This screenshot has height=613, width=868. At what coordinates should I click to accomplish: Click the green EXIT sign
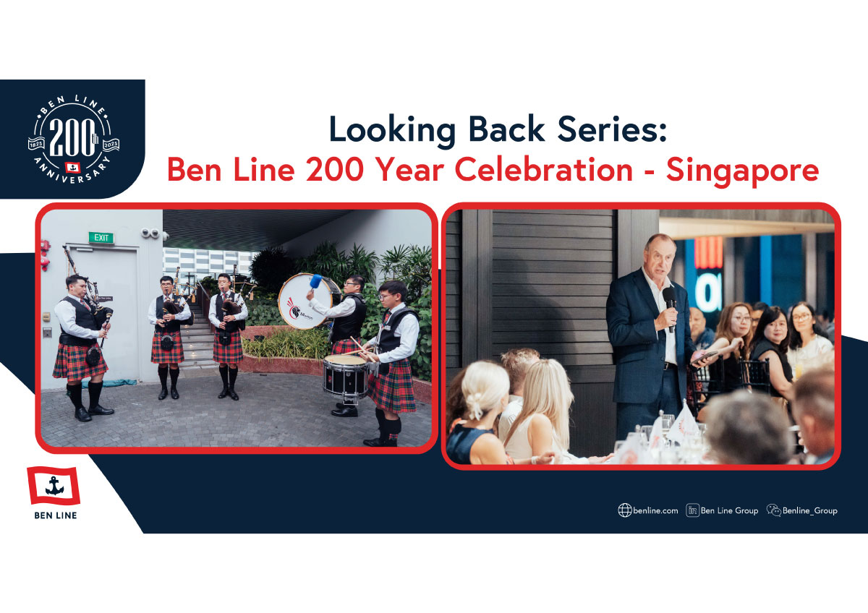(101, 237)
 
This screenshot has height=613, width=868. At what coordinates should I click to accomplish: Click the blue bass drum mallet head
(316, 281)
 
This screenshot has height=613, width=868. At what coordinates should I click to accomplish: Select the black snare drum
(345, 375)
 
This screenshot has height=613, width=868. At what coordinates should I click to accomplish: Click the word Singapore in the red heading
(742, 171)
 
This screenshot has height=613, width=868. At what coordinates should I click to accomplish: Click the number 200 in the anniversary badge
(72, 137)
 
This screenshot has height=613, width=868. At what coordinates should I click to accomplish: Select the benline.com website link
(655, 511)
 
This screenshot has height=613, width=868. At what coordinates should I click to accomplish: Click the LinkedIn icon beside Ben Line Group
(692, 510)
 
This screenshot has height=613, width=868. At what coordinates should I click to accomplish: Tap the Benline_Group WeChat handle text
(810, 511)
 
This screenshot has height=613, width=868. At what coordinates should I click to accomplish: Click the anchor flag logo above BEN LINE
(54, 486)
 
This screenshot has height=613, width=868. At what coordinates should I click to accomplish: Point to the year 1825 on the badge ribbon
(36, 144)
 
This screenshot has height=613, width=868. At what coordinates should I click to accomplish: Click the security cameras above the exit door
(153, 233)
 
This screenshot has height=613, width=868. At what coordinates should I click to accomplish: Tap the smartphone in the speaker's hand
(704, 356)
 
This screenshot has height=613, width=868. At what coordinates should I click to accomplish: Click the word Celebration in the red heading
(544, 170)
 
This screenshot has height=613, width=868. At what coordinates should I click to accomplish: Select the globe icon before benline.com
(625, 510)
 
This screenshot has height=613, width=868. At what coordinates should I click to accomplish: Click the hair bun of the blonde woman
(475, 406)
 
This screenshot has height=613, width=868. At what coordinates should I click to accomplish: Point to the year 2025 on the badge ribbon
(111, 144)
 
